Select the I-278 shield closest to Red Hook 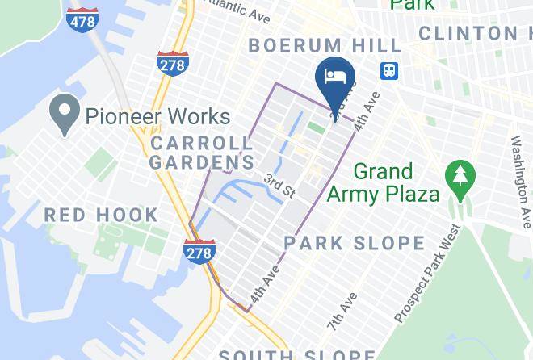coord(199,251)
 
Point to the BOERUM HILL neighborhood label coord(325,45)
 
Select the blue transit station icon coord(390,69)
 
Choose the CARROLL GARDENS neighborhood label coord(202,153)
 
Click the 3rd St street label coord(279,186)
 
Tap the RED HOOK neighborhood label coord(101,215)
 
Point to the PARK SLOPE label coord(354,243)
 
